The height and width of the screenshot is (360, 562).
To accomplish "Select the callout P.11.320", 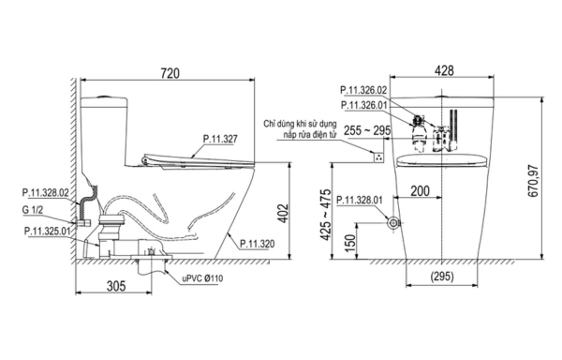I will tap(256, 243).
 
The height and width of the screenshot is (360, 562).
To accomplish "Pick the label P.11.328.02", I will tap(44, 191).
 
